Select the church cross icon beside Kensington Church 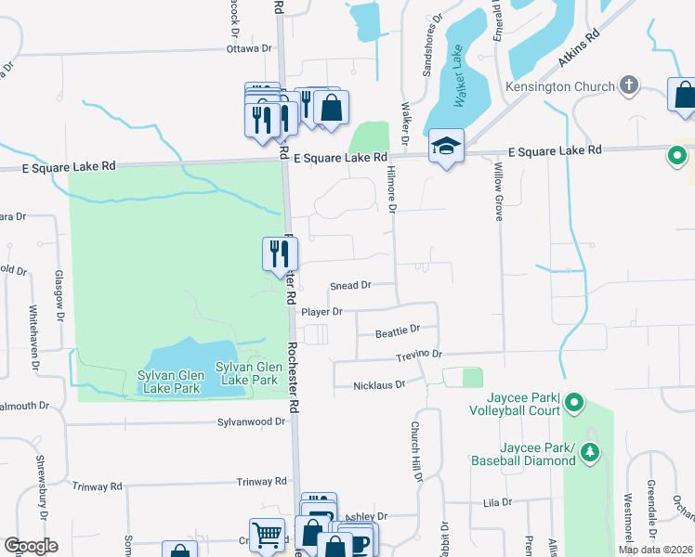[x=629, y=86]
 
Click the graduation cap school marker [x=446, y=147]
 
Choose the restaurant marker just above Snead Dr [x=279, y=253]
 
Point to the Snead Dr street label [x=350, y=286]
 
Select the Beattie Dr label [x=398, y=330]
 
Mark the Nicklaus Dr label [x=379, y=384]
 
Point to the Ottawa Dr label [x=251, y=48]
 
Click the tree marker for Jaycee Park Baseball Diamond [x=589, y=451]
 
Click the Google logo [x=31, y=546]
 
